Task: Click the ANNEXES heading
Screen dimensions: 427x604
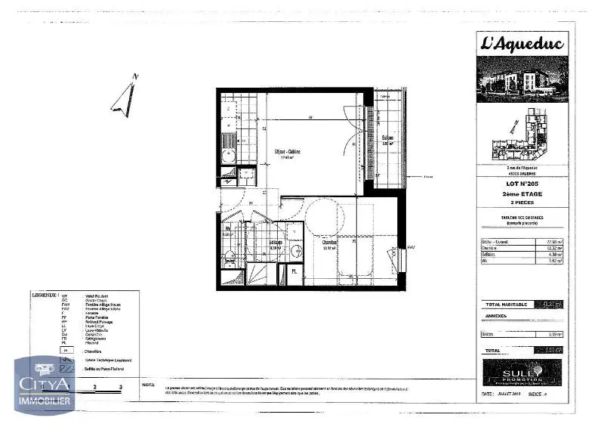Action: tap(496, 317)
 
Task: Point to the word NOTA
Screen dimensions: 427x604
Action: tap(148, 385)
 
